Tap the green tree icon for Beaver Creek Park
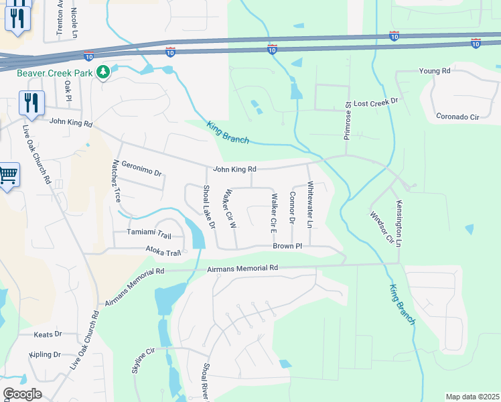pos(102,72)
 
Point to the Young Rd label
pos(434,71)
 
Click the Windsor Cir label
pos(378,228)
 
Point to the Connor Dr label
pos(292,207)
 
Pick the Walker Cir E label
pos(274,213)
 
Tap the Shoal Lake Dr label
pos(208,207)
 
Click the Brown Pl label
pos(287,247)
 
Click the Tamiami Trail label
pos(149,234)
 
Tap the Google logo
pos(22,394)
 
